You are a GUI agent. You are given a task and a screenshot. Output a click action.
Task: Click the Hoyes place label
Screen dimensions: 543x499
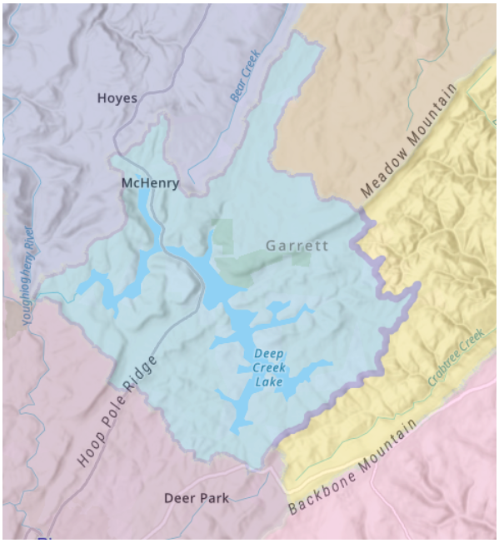[x=117, y=98]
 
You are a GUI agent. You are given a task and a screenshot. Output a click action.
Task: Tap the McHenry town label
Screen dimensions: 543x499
[x=150, y=183]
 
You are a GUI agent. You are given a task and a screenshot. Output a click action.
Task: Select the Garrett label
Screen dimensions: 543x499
[x=297, y=246]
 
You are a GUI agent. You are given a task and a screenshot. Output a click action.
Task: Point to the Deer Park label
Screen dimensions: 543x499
[x=196, y=498]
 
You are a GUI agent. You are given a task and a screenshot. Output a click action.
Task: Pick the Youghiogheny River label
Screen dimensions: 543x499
[x=27, y=274]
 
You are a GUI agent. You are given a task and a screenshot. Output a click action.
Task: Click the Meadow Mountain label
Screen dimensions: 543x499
[x=410, y=142]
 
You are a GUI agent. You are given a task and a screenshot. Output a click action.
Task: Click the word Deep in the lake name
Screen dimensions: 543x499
[x=269, y=352]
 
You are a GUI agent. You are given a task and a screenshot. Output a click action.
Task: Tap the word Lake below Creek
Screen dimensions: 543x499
[x=268, y=382]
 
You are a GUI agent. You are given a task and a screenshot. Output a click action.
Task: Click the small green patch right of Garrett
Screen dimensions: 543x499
[x=301, y=258]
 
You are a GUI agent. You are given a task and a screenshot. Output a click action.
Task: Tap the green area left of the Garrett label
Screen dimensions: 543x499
[x=222, y=237]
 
